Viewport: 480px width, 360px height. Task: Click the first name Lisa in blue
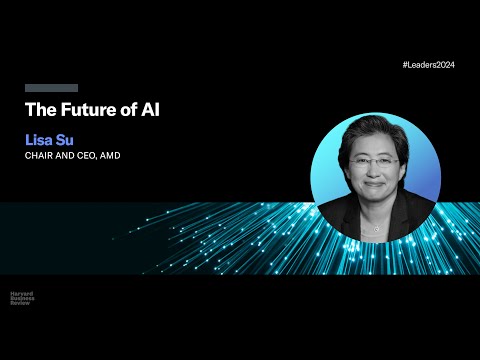click(x=39, y=139)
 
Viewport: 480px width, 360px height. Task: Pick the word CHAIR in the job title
click(x=40, y=155)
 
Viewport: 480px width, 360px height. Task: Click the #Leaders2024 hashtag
click(x=429, y=64)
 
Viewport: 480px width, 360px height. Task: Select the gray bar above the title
click(x=51, y=88)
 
